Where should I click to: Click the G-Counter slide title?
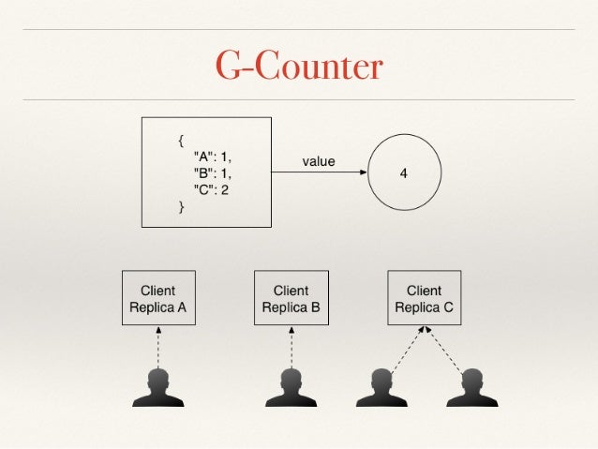(x=299, y=67)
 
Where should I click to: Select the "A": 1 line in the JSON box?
(x=212, y=157)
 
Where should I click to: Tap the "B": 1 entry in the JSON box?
(x=212, y=173)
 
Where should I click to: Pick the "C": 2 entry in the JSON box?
(x=212, y=190)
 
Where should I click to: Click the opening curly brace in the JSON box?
(x=181, y=141)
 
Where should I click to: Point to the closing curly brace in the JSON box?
(x=181, y=207)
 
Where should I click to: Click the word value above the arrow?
(x=318, y=161)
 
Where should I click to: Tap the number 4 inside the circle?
(x=403, y=174)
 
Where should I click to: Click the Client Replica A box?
(x=157, y=298)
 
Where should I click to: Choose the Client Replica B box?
(x=291, y=298)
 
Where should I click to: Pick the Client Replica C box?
(x=424, y=298)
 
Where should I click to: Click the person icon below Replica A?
(x=157, y=387)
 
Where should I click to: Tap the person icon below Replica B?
(x=291, y=387)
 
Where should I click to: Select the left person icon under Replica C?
(x=381, y=387)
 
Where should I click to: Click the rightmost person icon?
(x=471, y=387)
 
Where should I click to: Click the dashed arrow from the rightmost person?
(x=446, y=349)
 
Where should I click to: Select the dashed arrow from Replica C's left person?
(x=405, y=349)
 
